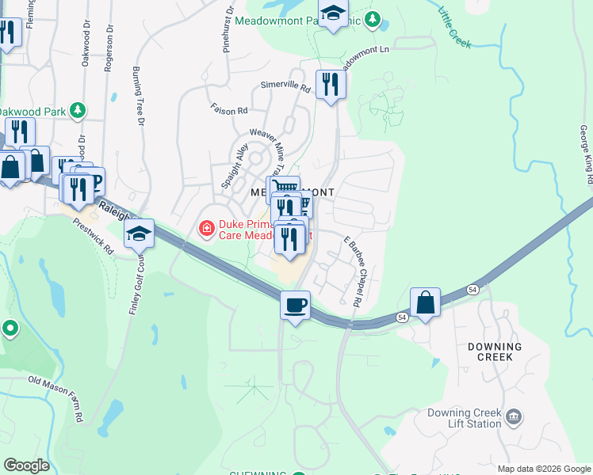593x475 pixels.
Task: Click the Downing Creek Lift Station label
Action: pos(464,420)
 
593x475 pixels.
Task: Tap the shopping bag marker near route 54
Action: pos(425,302)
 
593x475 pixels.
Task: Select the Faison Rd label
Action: pos(229,110)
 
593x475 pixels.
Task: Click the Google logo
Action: pos(26,465)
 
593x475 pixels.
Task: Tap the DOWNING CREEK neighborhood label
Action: pos(495,351)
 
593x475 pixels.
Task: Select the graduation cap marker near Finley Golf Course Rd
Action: pos(139,234)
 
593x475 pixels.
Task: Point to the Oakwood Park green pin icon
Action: pos(78,110)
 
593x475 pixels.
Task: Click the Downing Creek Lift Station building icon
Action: pos(514,416)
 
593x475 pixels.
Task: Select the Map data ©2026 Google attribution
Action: pos(544,469)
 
